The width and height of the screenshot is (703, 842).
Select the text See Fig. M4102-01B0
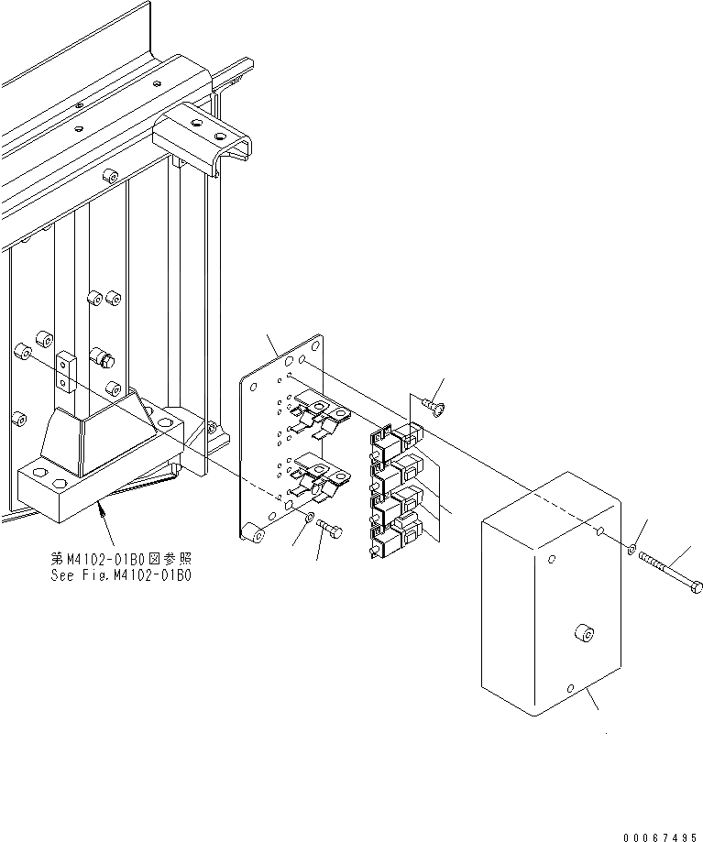point(121,574)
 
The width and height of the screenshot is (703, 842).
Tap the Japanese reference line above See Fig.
point(121,558)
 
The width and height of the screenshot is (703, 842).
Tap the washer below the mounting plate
point(310,519)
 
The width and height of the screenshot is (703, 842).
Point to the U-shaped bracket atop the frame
point(203,136)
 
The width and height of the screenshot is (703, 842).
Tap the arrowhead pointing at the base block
point(100,508)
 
